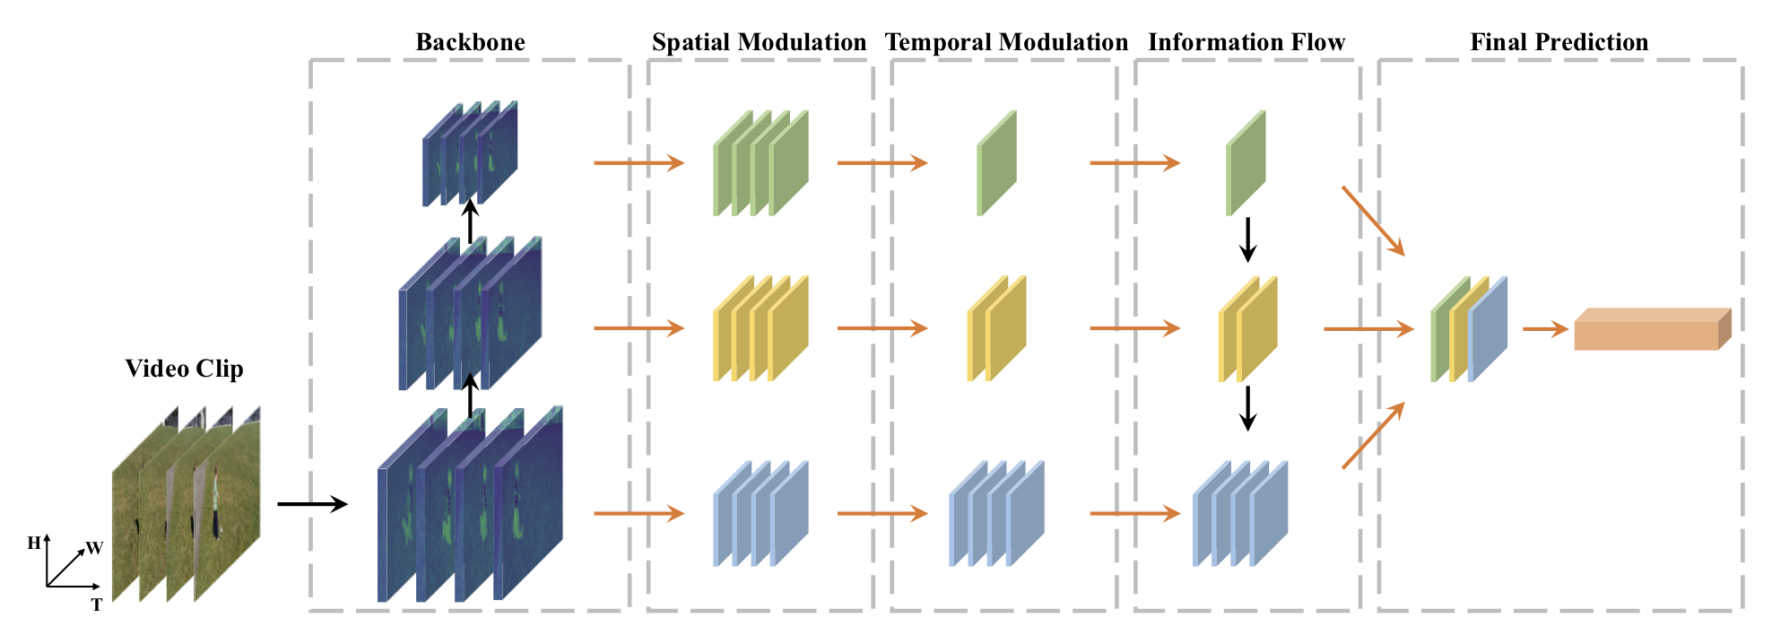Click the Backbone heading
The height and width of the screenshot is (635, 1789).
click(470, 42)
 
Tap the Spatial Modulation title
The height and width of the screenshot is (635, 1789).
click(759, 42)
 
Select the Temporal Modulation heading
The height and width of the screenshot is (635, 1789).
click(1006, 42)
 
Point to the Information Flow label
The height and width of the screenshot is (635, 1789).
click(1246, 42)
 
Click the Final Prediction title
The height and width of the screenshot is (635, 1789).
click(1559, 42)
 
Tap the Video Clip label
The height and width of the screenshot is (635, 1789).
click(184, 369)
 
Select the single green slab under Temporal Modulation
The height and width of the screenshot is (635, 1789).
click(996, 163)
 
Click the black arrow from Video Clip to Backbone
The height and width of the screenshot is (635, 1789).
click(311, 504)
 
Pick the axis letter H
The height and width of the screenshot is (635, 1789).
click(34, 543)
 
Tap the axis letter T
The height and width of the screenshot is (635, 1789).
click(97, 605)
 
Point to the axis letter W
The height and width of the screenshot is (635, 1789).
click(94, 548)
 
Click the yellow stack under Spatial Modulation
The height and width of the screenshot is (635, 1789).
click(760, 329)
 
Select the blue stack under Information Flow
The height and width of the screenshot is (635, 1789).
click(1239, 514)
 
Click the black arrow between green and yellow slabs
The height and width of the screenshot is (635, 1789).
click(1246, 239)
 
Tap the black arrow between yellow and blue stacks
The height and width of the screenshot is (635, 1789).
click(1246, 408)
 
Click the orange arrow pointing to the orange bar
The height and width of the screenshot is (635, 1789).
click(1544, 329)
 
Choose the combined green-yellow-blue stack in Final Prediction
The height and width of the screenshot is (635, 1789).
click(1469, 329)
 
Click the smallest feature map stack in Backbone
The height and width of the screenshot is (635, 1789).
click(470, 154)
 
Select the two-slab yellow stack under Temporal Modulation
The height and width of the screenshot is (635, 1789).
click(996, 329)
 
